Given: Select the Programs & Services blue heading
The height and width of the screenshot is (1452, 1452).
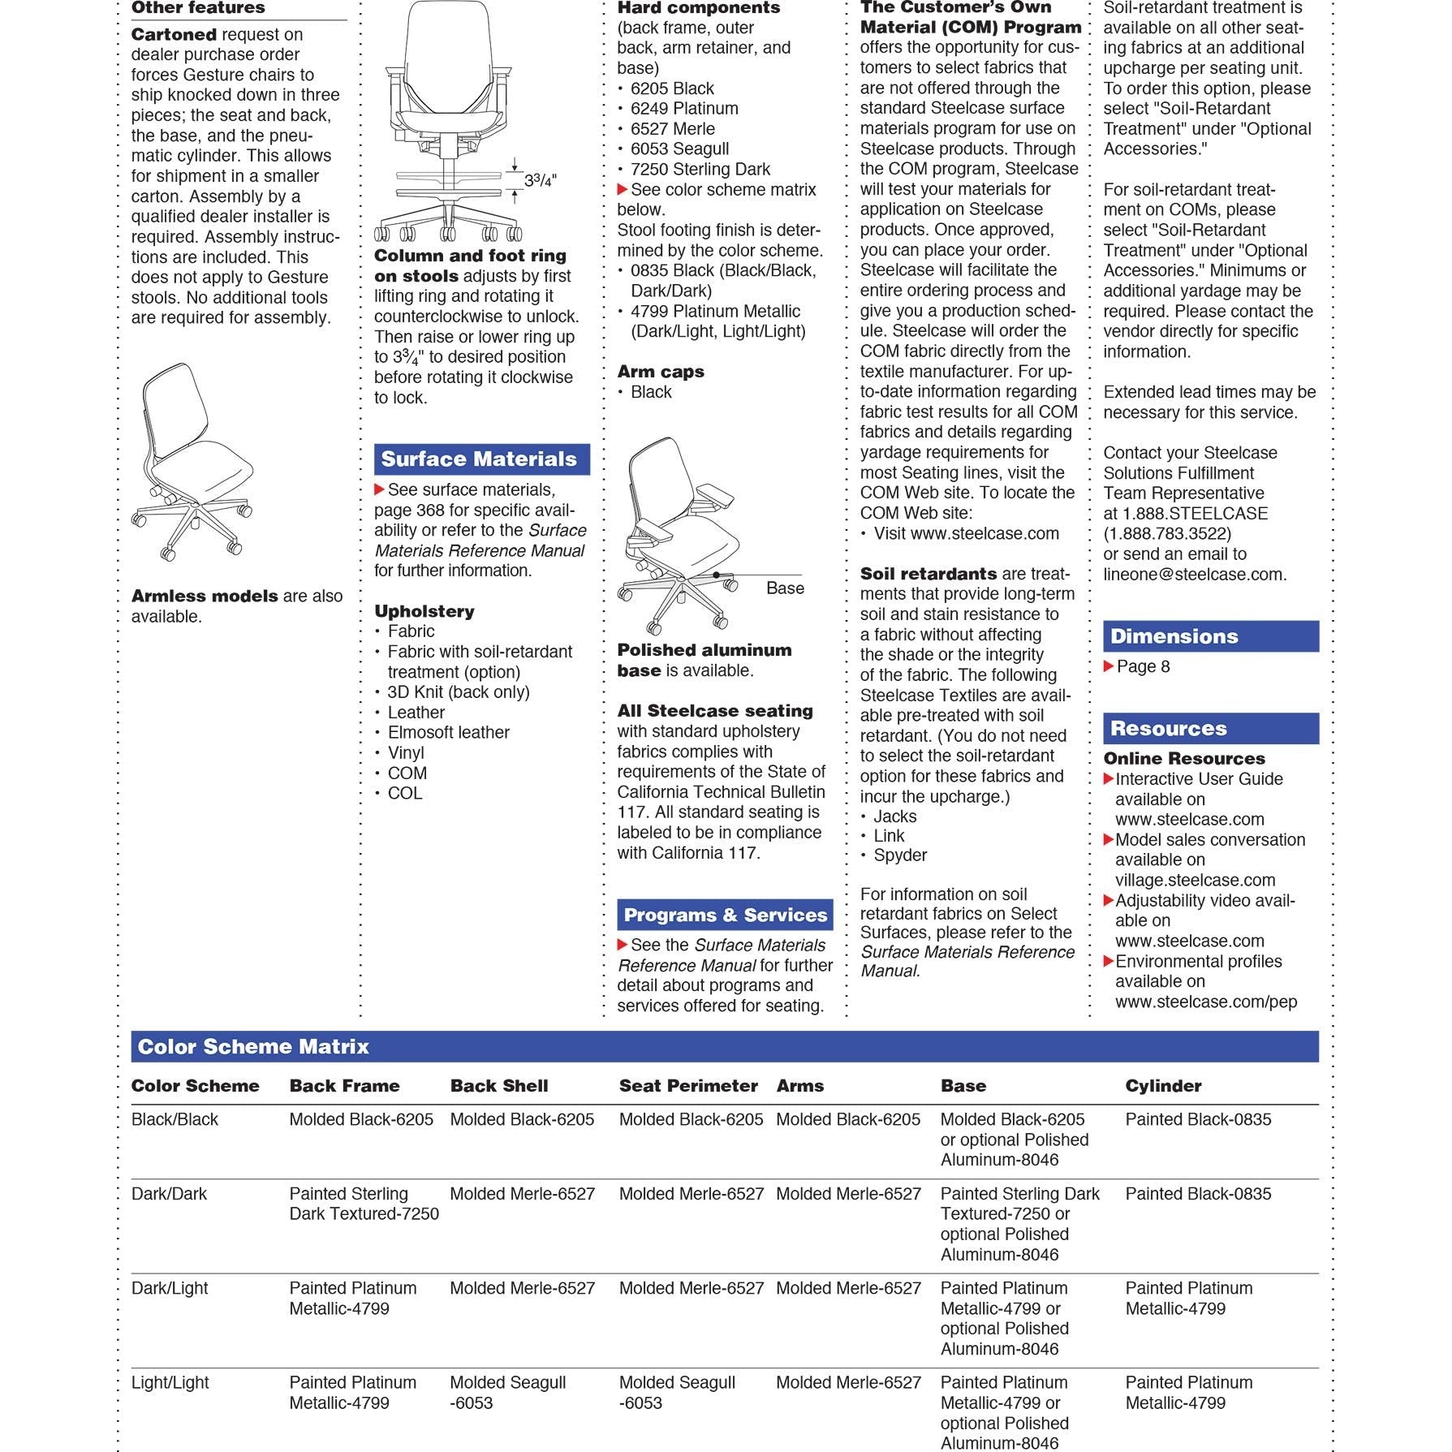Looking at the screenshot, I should (x=725, y=916).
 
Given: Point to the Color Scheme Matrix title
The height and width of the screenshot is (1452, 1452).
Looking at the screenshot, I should (x=253, y=1047).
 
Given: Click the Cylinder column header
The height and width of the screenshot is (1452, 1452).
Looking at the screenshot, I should (x=1162, y=1086).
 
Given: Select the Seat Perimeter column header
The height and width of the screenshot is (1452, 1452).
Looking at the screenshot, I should (x=687, y=1086).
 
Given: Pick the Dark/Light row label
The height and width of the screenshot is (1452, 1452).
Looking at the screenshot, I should (x=170, y=1288).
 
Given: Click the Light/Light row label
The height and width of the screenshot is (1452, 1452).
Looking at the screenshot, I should (x=170, y=1382).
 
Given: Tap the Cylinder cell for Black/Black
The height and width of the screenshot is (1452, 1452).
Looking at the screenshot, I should (x=1198, y=1119).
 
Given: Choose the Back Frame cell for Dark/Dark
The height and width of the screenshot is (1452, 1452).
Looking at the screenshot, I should (x=364, y=1204).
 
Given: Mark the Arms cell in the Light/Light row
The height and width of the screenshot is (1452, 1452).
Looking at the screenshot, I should (x=848, y=1382).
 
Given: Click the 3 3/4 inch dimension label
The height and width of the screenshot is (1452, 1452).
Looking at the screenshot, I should (x=541, y=180).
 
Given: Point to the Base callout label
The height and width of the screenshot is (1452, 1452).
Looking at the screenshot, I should (x=785, y=588).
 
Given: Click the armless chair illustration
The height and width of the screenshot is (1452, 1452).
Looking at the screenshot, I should (x=192, y=463).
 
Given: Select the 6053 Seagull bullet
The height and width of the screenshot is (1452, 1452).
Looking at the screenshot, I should (x=679, y=149).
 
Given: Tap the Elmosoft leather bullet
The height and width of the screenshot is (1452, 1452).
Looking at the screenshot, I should (x=448, y=733).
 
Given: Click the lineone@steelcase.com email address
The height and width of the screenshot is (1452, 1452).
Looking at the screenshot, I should (x=1194, y=575).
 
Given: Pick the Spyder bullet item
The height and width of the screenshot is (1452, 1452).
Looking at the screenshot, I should (x=899, y=855).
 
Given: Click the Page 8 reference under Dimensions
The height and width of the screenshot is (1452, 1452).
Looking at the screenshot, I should (x=1142, y=667).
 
